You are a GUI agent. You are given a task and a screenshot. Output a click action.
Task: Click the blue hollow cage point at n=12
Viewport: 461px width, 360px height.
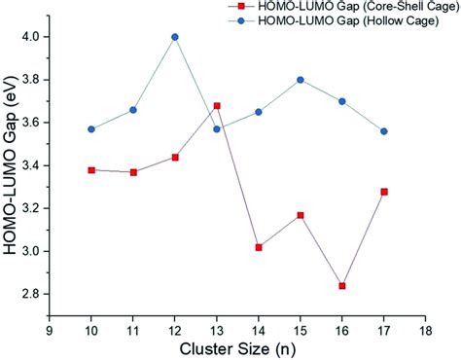175,37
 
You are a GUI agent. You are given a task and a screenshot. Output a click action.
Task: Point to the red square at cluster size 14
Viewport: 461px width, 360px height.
259,247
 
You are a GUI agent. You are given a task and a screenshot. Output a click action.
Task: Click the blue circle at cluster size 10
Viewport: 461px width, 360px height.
91,129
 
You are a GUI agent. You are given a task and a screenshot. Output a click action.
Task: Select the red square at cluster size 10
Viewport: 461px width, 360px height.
91,170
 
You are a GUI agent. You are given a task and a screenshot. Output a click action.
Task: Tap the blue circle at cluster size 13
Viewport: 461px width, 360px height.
217,129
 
